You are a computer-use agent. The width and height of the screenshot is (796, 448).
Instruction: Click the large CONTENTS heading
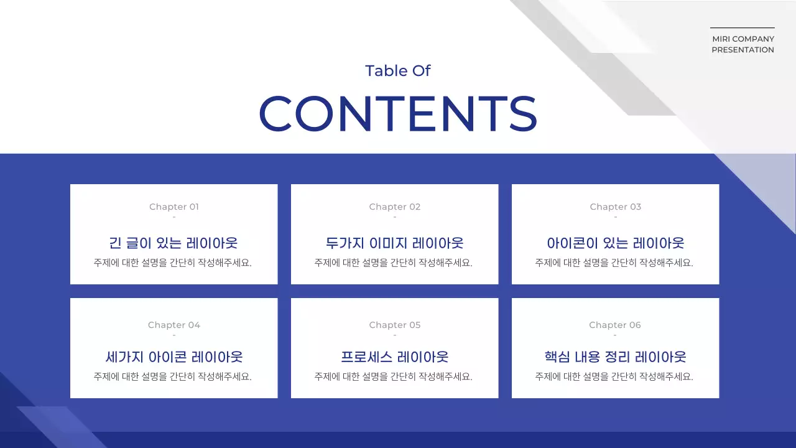[398, 113]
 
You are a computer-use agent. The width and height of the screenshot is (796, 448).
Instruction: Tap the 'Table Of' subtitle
[398, 71]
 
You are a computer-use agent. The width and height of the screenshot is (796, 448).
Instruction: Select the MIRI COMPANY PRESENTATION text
[743, 44]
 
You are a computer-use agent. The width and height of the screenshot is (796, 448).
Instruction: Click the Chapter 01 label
[174, 207]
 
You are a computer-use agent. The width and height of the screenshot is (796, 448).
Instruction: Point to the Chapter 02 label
[395, 207]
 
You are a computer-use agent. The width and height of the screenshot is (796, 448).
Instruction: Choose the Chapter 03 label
[616, 207]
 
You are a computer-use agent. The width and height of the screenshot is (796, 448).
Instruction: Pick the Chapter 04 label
[174, 325]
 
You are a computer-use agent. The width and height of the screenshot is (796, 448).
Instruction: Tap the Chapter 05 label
[395, 325]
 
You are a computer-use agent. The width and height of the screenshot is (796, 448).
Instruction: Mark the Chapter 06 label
[615, 325]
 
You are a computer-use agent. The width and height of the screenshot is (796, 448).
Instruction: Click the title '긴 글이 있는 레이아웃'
[174, 243]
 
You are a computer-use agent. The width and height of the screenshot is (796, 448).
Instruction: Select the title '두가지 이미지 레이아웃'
[395, 243]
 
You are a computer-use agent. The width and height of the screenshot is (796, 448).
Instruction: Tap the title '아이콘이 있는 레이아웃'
[616, 243]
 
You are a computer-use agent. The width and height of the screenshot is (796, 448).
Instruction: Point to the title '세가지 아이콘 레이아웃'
[174, 357]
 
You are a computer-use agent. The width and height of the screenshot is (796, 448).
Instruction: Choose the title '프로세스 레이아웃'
[395, 357]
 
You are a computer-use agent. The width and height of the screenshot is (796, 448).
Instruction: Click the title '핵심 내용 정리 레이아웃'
[616, 357]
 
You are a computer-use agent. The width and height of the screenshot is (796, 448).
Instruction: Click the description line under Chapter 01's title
[173, 263]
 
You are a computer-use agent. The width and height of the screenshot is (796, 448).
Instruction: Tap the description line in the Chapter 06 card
[614, 376]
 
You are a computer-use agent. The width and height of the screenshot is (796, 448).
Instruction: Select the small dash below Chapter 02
[395, 217]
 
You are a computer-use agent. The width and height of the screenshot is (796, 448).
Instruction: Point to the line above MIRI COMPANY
[743, 27]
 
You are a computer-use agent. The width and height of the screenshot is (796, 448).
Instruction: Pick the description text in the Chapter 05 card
[394, 376]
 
